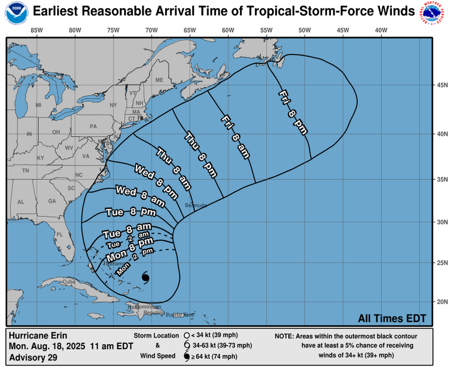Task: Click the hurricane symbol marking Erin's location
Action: tap(146, 278)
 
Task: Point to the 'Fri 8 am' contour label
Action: tap(235, 137)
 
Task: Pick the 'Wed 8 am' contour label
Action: tap(140, 197)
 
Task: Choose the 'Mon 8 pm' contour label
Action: tap(130, 250)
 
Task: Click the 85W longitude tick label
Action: tap(36, 30)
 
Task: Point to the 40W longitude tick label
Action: tap(381, 30)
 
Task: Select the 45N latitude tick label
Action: tap(443, 86)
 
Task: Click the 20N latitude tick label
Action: tap(443, 301)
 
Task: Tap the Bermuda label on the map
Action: tap(196, 205)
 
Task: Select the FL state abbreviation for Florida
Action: tap(59, 234)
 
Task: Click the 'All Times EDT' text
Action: tap(392, 318)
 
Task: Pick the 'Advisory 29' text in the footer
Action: tap(33, 357)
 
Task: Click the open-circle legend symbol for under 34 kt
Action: tap(186, 335)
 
